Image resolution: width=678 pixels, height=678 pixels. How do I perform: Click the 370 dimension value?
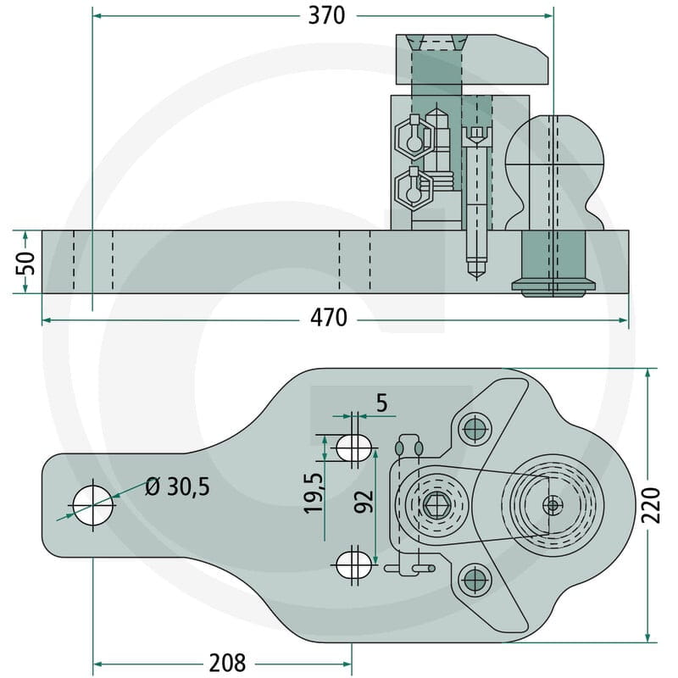point(326,16)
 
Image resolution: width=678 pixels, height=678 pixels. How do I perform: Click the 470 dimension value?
point(329,318)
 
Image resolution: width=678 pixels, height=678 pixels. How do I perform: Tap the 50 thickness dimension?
point(25,263)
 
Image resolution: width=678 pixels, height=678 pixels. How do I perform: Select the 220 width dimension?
point(651,505)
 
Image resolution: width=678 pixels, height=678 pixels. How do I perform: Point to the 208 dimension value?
point(227,663)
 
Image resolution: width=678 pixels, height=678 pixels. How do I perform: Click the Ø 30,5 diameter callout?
point(177,486)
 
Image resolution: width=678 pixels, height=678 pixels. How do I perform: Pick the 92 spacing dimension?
point(364,501)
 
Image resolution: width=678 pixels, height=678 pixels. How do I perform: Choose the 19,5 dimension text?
point(314,493)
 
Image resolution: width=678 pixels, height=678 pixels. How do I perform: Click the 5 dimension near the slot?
point(381,403)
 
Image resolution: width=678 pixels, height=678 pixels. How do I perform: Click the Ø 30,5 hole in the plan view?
point(93,505)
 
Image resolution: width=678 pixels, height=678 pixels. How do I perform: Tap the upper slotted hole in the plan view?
point(354,447)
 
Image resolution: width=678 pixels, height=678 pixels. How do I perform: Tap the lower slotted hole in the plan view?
point(354,564)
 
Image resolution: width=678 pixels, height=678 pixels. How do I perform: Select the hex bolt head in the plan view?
point(436,505)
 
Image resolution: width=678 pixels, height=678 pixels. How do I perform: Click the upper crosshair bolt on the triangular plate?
point(475,429)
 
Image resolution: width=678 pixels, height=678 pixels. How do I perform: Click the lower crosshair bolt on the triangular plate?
point(475,579)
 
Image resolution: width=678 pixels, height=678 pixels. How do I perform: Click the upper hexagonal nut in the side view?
point(414,137)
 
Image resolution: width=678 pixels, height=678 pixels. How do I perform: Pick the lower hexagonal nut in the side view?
point(414,188)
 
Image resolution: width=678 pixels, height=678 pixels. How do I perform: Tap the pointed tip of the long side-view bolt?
point(476,280)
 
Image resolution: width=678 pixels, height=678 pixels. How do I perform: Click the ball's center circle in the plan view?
point(553,504)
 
